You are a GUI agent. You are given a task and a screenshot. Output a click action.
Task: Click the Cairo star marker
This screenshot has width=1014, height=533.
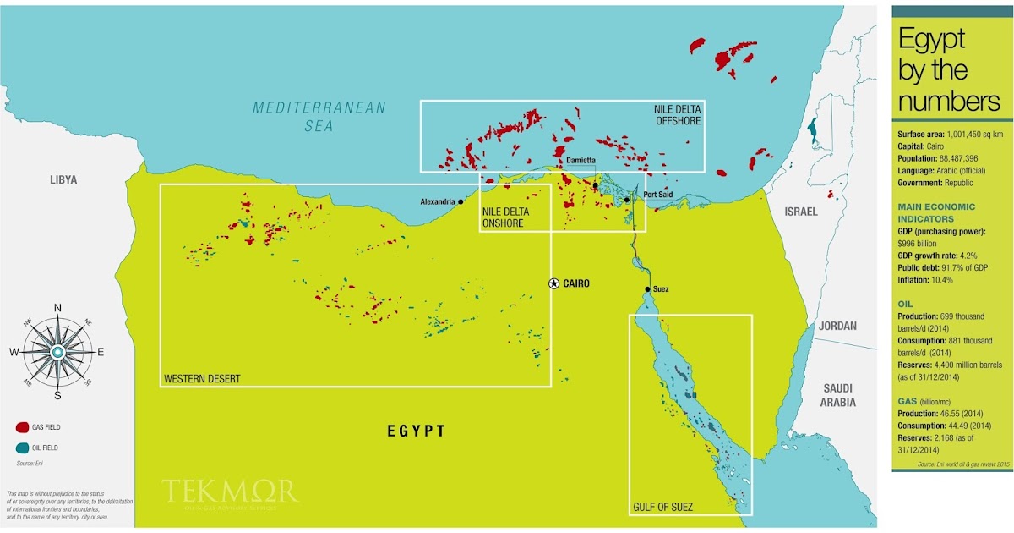(x=553, y=283)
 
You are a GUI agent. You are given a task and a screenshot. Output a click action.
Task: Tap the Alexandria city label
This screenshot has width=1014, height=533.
(x=438, y=201)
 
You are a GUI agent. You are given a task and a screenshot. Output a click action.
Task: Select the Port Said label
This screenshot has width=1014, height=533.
(x=658, y=194)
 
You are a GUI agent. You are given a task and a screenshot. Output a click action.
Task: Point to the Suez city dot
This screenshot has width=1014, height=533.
(x=647, y=289)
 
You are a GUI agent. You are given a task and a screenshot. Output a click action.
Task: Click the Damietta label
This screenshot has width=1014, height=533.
(x=581, y=159)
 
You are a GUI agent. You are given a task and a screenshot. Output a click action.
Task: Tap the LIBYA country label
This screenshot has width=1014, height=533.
(x=63, y=179)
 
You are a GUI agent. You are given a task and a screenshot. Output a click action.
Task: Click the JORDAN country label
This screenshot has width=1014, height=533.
(x=838, y=326)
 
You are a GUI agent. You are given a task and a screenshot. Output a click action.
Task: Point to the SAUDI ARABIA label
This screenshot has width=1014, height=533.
(x=839, y=395)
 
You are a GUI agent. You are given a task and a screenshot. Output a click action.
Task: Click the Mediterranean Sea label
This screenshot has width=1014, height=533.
(x=319, y=117)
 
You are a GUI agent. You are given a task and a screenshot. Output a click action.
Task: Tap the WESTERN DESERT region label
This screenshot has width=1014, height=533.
(x=202, y=378)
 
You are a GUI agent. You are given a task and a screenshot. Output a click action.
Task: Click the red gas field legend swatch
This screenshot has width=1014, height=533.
(x=23, y=427)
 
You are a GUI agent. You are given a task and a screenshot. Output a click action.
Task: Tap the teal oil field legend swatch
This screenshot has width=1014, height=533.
(x=23, y=448)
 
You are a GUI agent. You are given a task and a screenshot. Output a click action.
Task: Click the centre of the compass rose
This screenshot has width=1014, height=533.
(x=57, y=351)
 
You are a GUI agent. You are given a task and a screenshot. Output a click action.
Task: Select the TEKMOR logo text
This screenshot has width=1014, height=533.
(x=229, y=491)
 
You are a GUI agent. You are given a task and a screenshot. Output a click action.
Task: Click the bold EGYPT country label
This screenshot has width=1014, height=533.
(x=416, y=431)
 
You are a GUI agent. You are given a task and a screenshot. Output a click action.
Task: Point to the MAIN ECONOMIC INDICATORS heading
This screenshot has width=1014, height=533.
(x=936, y=212)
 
